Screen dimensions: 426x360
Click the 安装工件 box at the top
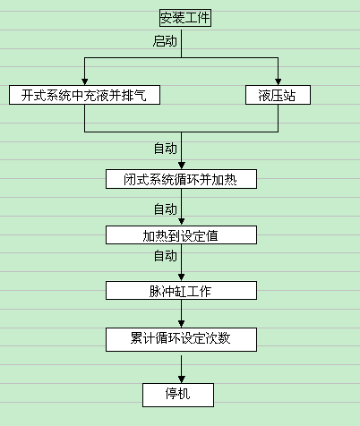pos(185,18)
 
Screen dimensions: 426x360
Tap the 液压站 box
pos(277,95)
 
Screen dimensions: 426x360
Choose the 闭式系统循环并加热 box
pos(182,179)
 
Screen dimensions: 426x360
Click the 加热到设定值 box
pos(182,235)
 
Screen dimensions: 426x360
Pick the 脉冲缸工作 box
pos(182,291)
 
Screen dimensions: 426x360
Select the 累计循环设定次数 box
pos(182,339)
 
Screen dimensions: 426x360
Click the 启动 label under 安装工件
pos(166,41)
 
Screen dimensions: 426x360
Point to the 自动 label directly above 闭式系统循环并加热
pos(165,149)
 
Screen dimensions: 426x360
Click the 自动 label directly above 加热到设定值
pos(165,209)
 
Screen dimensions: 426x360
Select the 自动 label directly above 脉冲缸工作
pos(165,257)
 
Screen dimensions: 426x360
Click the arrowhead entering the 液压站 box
pos(278,81)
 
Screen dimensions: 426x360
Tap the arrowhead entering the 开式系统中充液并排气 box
pos(84,81)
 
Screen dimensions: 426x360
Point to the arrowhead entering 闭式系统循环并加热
pos(182,165)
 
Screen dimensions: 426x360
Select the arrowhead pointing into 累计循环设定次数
pos(182,325)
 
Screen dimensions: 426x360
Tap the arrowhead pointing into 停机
pos(182,379)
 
